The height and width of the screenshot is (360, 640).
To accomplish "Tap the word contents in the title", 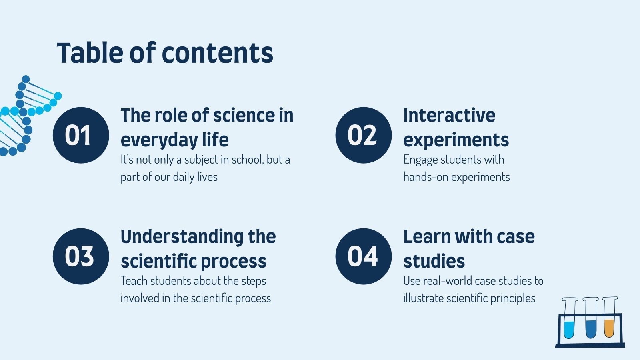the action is click(218, 54).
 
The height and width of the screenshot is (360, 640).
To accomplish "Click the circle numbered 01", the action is click(81, 135).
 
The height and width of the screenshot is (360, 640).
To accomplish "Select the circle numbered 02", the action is click(364, 135).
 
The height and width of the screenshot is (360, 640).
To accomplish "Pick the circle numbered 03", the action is click(81, 256).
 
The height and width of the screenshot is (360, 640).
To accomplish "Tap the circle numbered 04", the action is click(364, 256).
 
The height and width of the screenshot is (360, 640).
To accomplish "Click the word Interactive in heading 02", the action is click(449, 115).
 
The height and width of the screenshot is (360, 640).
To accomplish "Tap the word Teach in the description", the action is click(134, 280).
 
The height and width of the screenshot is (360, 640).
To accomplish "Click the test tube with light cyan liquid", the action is click(570, 318).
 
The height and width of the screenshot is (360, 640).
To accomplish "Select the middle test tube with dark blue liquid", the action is click(590, 318).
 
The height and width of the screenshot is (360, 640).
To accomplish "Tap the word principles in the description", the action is click(513, 298).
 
